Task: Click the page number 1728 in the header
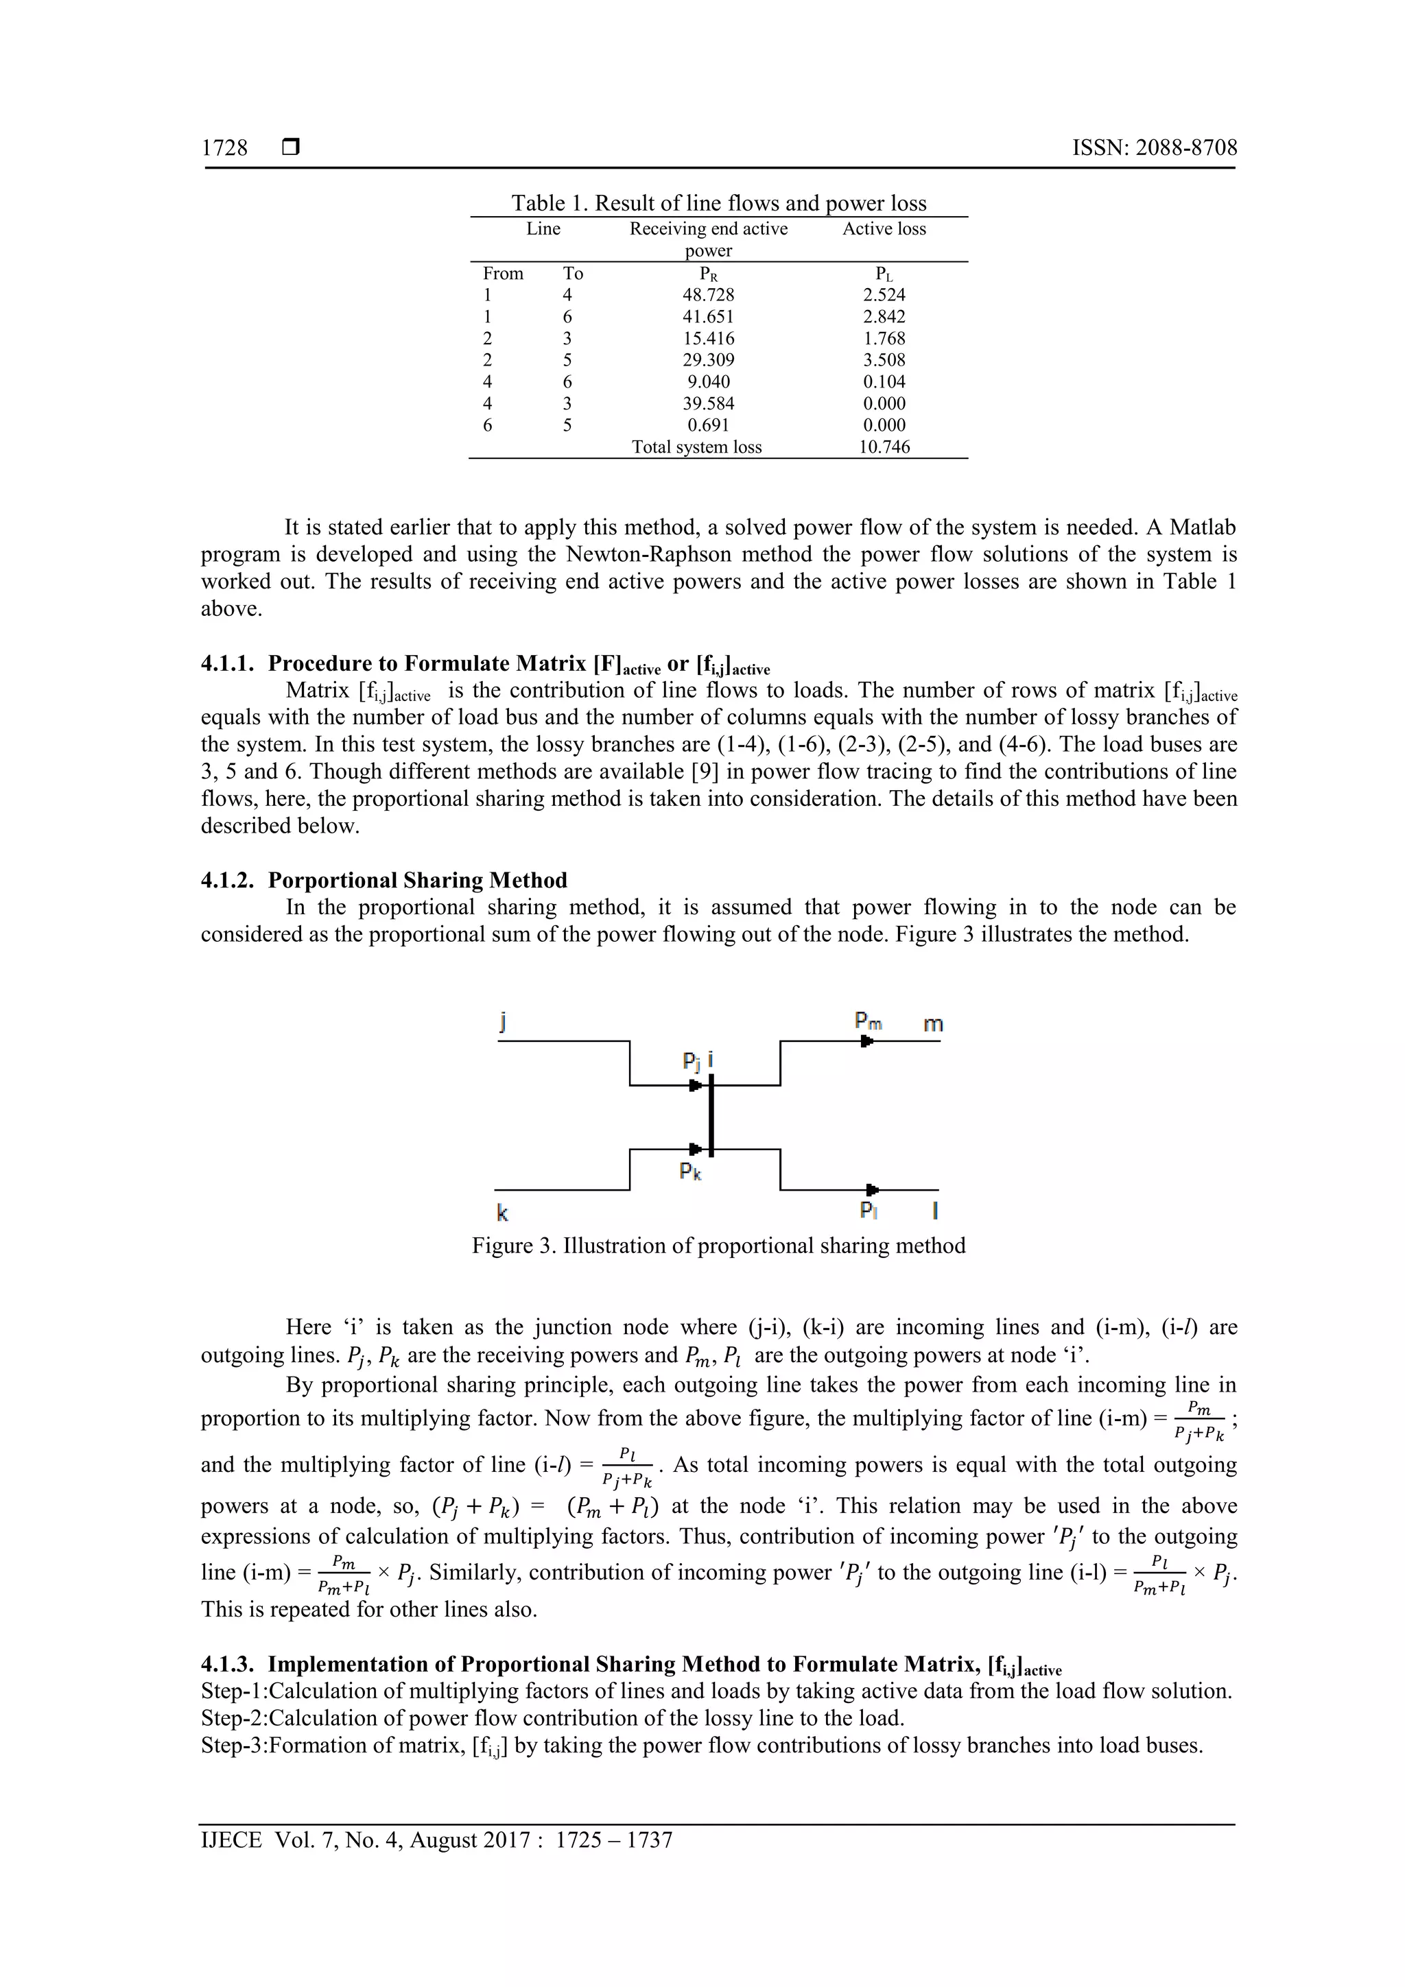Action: coord(224,148)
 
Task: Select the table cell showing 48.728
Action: coord(707,295)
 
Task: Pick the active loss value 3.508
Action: coord(884,360)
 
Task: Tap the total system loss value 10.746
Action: coord(884,447)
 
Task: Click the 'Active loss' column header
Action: coord(884,228)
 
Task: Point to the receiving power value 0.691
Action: coord(707,425)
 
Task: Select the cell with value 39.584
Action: coord(707,403)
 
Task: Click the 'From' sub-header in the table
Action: coord(503,274)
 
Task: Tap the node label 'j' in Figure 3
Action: coord(503,1021)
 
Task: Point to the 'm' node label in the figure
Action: coord(932,1024)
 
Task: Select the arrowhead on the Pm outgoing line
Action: coord(866,1041)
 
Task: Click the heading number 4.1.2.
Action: coord(228,880)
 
